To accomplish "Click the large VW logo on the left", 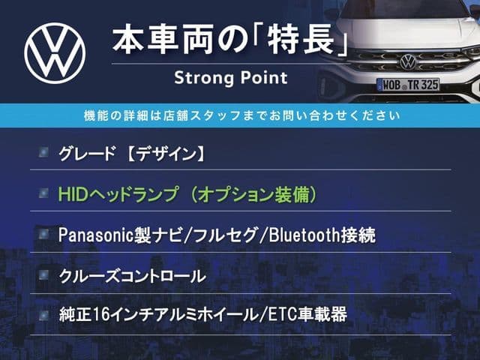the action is (55, 53).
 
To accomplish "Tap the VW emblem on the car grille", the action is (408, 61).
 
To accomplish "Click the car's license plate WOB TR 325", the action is (408, 85).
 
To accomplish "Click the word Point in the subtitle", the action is (264, 77).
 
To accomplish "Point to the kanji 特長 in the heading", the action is (301, 41).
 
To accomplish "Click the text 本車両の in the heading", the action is (180, 41).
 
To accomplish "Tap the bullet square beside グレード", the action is (43, 151).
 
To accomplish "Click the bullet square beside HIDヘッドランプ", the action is (43, 193).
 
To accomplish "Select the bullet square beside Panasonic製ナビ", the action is (43, 234).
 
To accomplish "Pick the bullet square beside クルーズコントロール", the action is (43, 275).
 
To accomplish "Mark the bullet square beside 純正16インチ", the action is (43, 315).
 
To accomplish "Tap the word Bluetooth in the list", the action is (304, 235).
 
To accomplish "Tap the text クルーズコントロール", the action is (132, 276).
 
